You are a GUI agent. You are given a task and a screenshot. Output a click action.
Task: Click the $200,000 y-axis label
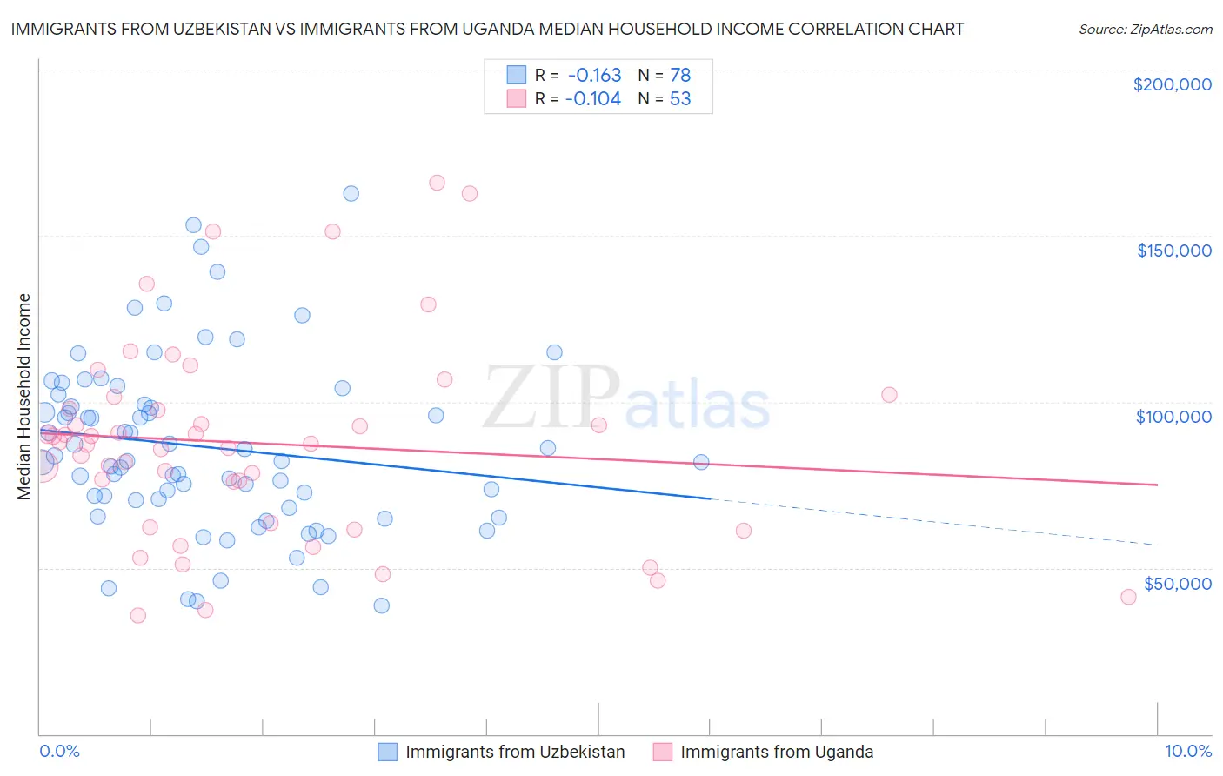pyautogui.click(x=1172, y=84)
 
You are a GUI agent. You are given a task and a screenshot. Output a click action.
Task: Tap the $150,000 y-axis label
pyautogui.click(x=1173, y=251)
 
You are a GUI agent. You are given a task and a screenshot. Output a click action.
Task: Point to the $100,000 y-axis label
pyautogui.click(x=1173, y=417)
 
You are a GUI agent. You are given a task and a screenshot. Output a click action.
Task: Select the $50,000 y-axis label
pyautogui.click(x=1177, y=583)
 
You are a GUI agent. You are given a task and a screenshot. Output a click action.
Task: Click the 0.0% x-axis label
pyautogui.click(x=59, y=752)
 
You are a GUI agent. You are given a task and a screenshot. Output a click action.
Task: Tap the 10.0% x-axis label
pyautogui.click(x=1187, y=752)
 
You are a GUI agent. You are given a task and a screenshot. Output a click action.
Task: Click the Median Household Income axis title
pyautogui.click(x=23, y=397)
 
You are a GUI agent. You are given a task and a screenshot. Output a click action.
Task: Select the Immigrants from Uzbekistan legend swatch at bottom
pyautogui.click(x=387, y=752)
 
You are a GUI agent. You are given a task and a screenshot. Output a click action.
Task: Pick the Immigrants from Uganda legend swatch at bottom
pyautogui.click(x=663, y=752)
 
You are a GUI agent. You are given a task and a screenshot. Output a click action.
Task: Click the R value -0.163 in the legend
pyautogui.click(x=594, y=75)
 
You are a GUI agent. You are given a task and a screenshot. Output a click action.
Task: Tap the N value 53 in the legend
pyautogui.click(x=680, y=99)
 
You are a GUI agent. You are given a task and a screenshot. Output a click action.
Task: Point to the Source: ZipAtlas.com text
pyautogui.click(x=1145, y=29)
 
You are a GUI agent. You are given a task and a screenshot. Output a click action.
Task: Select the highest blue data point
pyautogui.click(x=351, y=193)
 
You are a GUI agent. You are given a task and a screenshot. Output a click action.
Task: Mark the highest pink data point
pyautogui.click(x=437, y=183)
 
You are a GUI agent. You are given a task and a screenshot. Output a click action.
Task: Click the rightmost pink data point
pyautogui.click(x=1128, y=597)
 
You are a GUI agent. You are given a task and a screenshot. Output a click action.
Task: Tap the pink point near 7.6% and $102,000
pyautogui.click(x=889, y=394)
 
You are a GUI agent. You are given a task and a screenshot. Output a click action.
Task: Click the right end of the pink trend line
pyautogui.click(x=1157, y=485)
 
